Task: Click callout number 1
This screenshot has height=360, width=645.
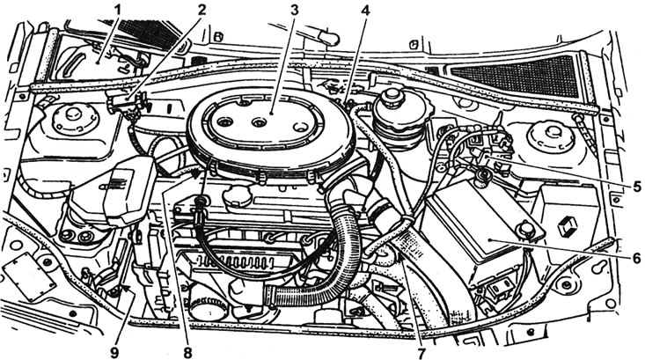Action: pyautogui.click(x=118, y=9)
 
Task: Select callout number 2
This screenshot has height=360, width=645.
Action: pyautogui.click(x=202, y=9)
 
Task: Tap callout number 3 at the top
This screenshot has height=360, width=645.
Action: pyautogui.click(x=295, y=9)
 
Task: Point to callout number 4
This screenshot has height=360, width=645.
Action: pyautogui.click(x=366, y=9)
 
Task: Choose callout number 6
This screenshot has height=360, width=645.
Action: pyautogui.click(x=636, y=258)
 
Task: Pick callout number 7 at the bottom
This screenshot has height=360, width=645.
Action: pyautogui.click(x=421, y=353)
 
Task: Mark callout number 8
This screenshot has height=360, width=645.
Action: pyautogui.click(x=187, y=353)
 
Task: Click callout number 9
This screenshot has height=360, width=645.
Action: pyautogui.click(x=114, y=353)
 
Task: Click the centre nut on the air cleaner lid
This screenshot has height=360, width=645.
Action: pyautogui.click(x=259, y=122)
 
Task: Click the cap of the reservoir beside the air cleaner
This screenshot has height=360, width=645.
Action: pyautogui.click(x=392, y=98)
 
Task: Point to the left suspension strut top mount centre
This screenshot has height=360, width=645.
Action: pyautogui.click(x=74, y=114)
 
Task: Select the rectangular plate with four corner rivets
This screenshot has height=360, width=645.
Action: pyautogui.click(x=29, y=277)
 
